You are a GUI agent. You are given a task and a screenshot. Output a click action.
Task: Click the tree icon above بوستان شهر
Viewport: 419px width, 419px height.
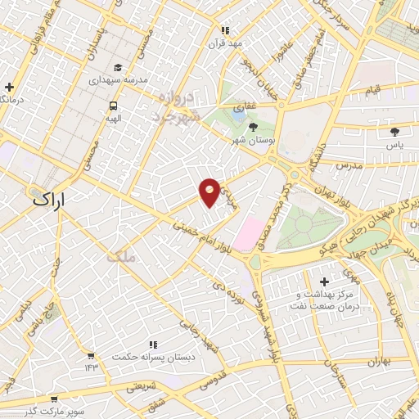pyautogui.click(x=252, y=128)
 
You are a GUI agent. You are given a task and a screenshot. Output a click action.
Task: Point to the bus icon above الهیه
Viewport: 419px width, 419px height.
pyautogui.click(x=113, y=106)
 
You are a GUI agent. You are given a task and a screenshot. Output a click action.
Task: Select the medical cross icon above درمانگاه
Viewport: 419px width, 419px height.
pyautogui.click(x=9, y=86)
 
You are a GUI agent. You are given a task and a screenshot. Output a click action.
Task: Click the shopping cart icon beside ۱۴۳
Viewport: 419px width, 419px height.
pyautogui.click(x=90, y=357)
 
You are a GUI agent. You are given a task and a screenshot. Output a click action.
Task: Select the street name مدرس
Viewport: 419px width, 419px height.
pyautogui.click(x=352, y=164)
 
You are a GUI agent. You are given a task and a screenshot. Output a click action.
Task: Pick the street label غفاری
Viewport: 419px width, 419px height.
pyautogui.click(x=244, y=107)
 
